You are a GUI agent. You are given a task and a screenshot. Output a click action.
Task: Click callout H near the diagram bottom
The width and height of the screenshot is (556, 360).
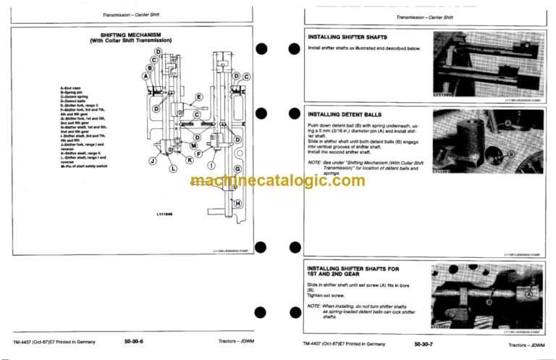click(x=237, y=205)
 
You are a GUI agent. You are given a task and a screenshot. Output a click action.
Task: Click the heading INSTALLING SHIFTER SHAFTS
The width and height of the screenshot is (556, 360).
click(x=347, y=37)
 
